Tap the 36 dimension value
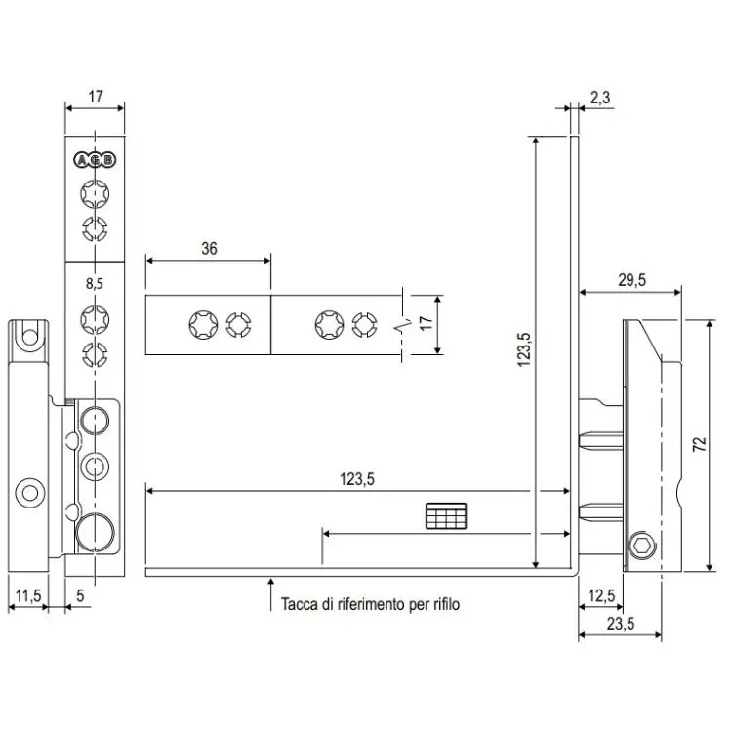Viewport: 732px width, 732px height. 209,249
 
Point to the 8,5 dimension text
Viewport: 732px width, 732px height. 95,284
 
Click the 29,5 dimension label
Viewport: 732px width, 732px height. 631,280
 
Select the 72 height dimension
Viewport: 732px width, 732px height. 698,444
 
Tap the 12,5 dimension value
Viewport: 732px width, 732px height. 601,595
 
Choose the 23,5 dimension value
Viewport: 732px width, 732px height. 615,623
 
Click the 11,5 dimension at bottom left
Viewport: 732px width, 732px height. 28,595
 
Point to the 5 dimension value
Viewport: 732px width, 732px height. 80,595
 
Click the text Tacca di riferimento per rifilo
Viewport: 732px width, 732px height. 369,605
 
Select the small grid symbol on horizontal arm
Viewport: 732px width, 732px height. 447,517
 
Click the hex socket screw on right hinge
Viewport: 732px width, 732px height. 640,549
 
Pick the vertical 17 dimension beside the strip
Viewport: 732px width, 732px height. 425,323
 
